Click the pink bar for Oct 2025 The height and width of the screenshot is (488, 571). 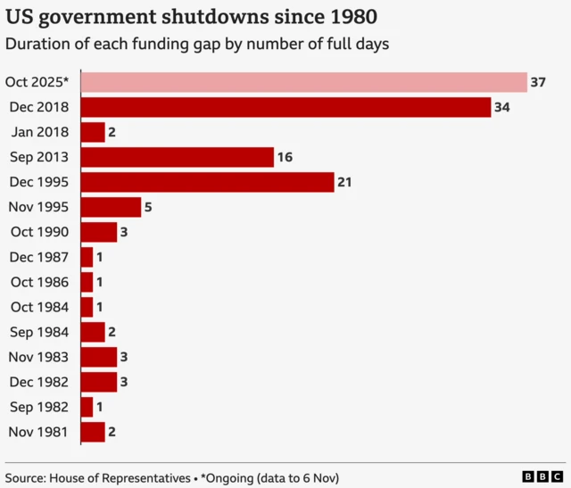[x=303, y=82]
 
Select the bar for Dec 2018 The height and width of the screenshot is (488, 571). [x=285, y=107]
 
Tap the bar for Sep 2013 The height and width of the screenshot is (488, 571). [x=177, y=157]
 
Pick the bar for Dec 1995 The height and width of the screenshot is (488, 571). [x=207, y=182]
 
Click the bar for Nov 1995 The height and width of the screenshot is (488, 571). [x=111, y=207]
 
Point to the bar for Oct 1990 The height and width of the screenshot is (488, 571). [x=98, y=232]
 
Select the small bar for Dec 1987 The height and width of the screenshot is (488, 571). [x=87, y=257]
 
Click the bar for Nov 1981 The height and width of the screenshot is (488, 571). [x=93, y=432]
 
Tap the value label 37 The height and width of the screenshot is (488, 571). [x=538, y=82]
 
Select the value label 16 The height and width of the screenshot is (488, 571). [x=285, y=157]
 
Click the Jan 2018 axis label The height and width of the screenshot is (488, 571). [x=40, y=132]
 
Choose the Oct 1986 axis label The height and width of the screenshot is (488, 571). [x=39, y=282]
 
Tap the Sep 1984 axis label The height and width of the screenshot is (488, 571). [x=39, y=332]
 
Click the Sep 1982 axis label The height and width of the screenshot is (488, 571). [x=39, y=407]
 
